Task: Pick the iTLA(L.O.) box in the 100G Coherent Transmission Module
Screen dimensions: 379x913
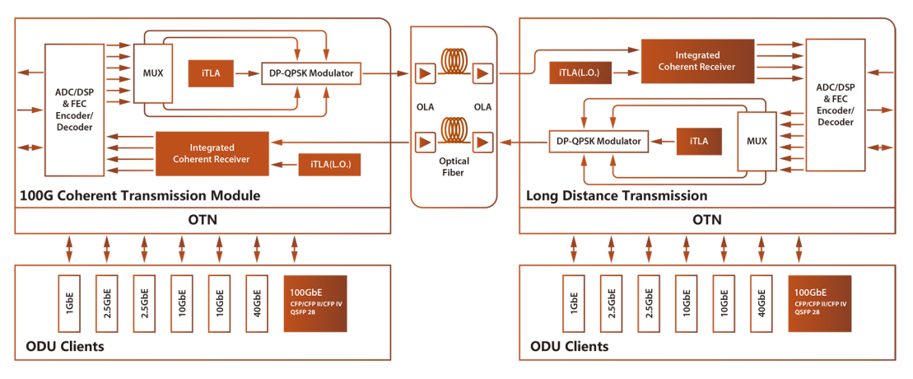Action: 330,163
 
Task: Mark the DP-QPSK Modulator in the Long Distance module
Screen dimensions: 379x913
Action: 599,142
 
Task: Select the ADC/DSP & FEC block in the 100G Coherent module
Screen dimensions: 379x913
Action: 70,110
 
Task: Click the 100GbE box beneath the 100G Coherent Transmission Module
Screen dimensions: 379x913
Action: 314,298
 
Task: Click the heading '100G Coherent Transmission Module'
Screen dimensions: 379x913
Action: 140,197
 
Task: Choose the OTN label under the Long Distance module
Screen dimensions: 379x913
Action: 707,221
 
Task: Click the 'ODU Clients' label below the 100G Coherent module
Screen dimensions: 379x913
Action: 62,346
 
